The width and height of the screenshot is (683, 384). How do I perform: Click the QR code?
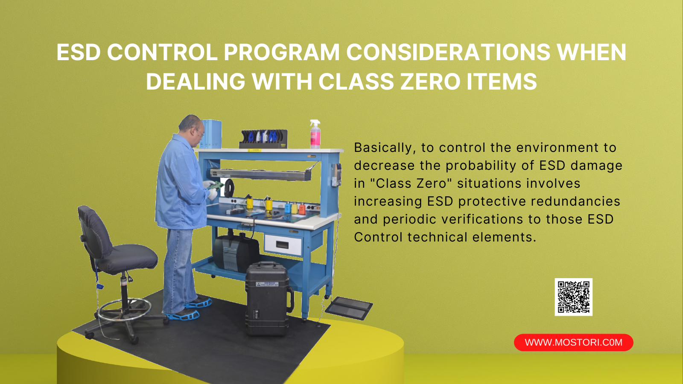click(573, 297)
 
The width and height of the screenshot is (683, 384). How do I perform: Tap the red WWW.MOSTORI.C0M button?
click(574, 342)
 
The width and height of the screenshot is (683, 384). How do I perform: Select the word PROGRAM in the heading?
click(282, 52)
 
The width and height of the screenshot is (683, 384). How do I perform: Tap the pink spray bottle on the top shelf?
click(315, 134)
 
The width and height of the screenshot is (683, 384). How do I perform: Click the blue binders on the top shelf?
click(210, 134)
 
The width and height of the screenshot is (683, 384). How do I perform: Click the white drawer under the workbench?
click(283, 245)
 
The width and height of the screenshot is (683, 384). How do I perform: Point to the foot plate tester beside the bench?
click(349, 308)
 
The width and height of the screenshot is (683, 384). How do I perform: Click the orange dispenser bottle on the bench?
click(302, 209)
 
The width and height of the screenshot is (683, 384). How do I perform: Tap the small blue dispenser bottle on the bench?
click(288, 207)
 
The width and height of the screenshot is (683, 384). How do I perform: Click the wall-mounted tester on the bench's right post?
click(337, 175)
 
